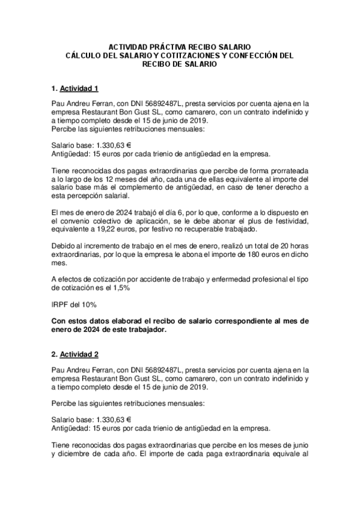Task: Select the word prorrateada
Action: click(285, 170)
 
